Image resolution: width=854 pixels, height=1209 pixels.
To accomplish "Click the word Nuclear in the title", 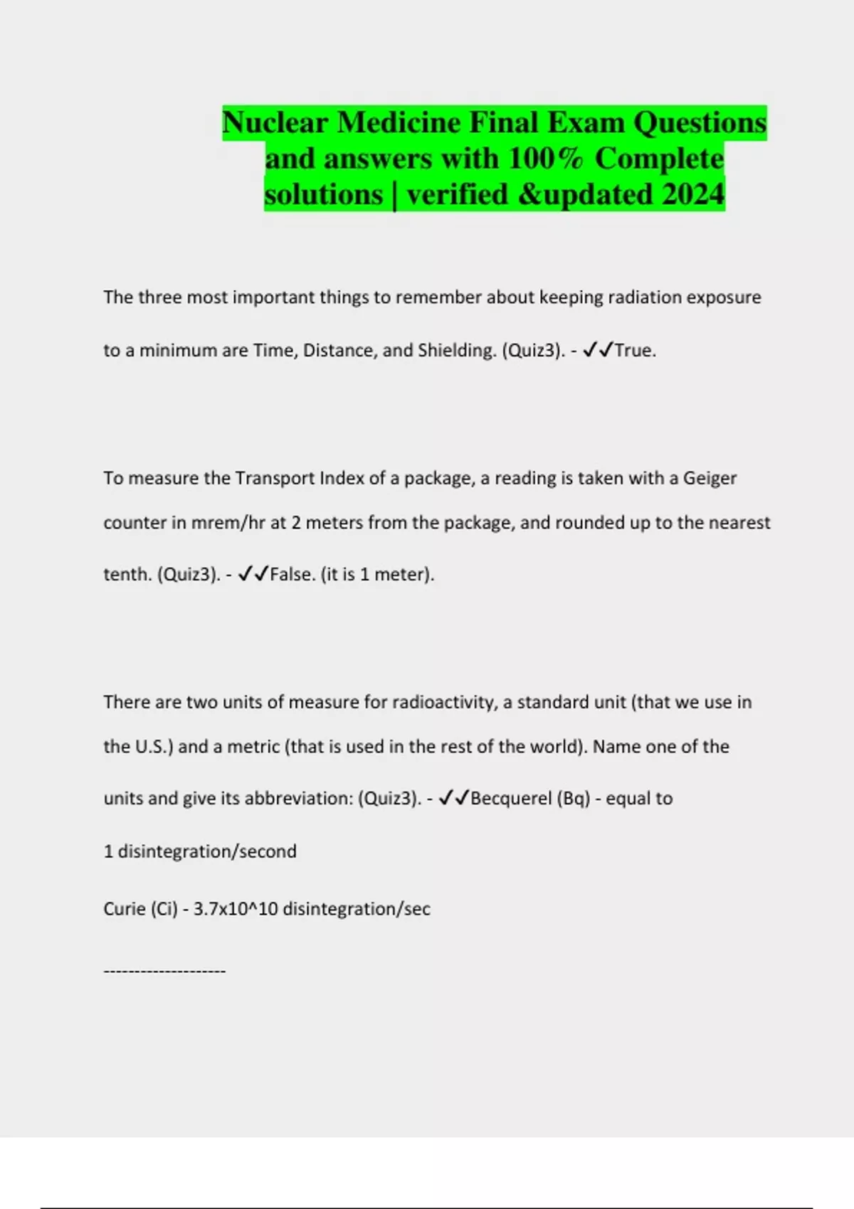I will [x=275, y=123].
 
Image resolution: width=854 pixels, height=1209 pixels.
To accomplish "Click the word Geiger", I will [x=710, y=478].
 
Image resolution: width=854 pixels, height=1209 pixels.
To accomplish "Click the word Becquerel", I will [x=511, y=799].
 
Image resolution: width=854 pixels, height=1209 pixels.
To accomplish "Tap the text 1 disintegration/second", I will [x=200, y=851].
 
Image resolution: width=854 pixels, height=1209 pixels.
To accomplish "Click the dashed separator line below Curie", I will [x=164, y=971].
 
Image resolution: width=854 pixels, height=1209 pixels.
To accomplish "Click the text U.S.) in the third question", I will [x=154, y=747].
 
